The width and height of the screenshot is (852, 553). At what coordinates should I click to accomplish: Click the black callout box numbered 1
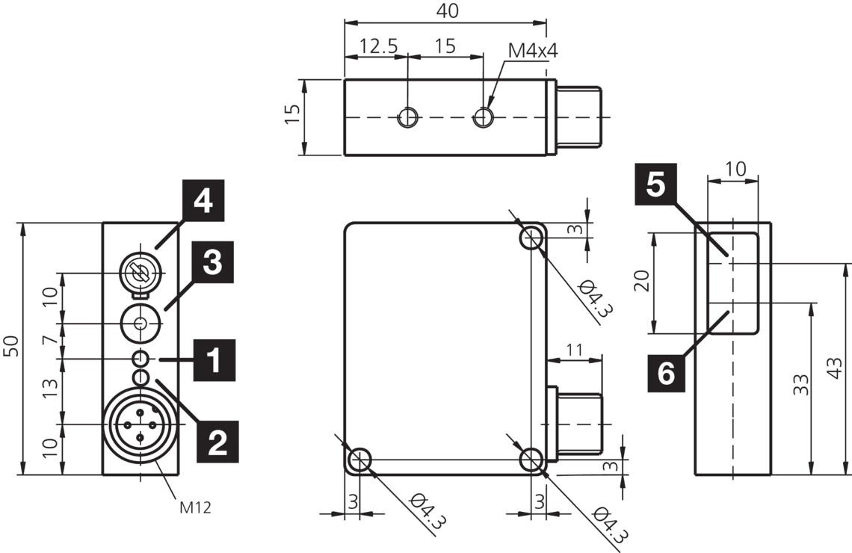tap(214, 360)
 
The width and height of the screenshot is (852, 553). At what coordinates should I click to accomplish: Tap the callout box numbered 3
tap(213, 262)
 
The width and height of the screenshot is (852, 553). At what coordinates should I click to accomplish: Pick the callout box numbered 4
tap(202, 200)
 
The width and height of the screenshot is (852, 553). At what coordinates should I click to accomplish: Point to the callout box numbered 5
tap(655, 184)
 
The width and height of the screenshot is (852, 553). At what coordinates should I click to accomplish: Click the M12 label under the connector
tap(195, 508)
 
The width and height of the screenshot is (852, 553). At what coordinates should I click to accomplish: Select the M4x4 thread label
tap(534, 50)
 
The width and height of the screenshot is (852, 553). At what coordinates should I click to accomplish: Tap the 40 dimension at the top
tap(446, 10)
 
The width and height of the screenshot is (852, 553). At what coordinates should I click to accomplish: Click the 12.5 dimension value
tap(377, 46)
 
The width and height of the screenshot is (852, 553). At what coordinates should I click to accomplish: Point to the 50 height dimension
tap(11, 347)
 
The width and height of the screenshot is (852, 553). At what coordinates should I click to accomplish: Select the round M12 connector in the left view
tap(140, 424)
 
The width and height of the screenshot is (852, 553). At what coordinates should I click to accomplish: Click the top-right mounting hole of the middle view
tap(532, 238)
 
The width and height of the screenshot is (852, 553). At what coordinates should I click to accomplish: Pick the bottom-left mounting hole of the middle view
tap(359, 460)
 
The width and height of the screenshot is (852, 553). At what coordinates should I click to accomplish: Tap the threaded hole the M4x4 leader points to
tap(484, 117)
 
